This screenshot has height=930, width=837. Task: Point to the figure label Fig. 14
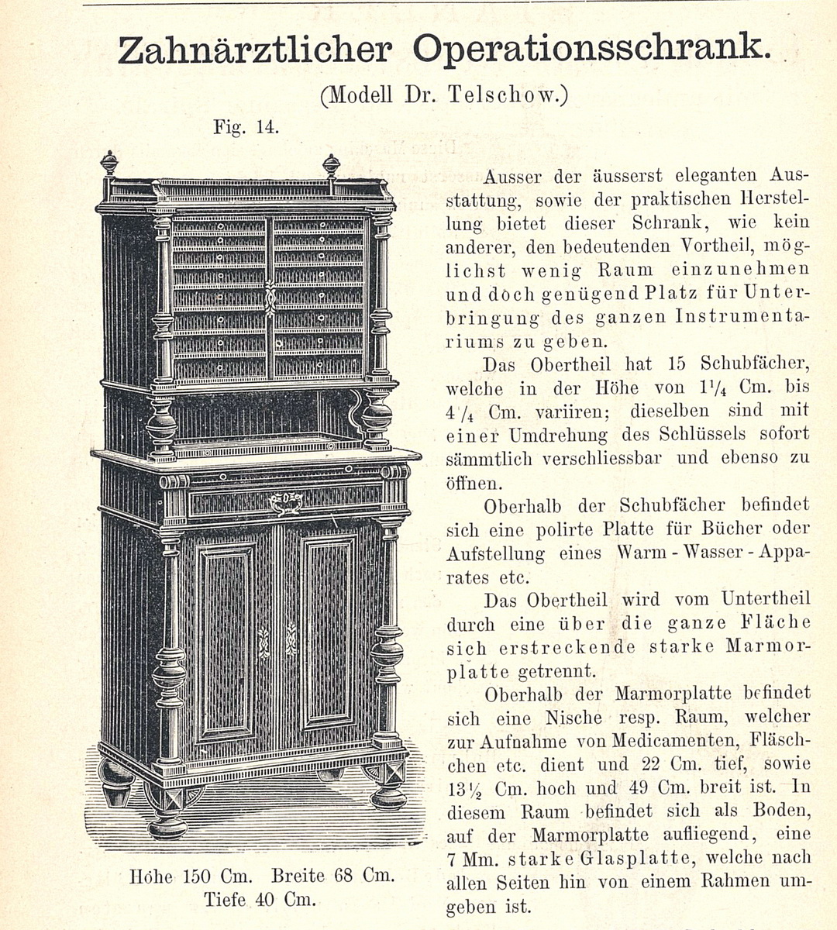coord(246,126)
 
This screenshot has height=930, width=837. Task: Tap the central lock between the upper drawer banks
coord(270,298)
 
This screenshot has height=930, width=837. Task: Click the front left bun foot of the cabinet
coord(167,810)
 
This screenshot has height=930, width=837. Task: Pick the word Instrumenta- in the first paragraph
coord(742,317)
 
